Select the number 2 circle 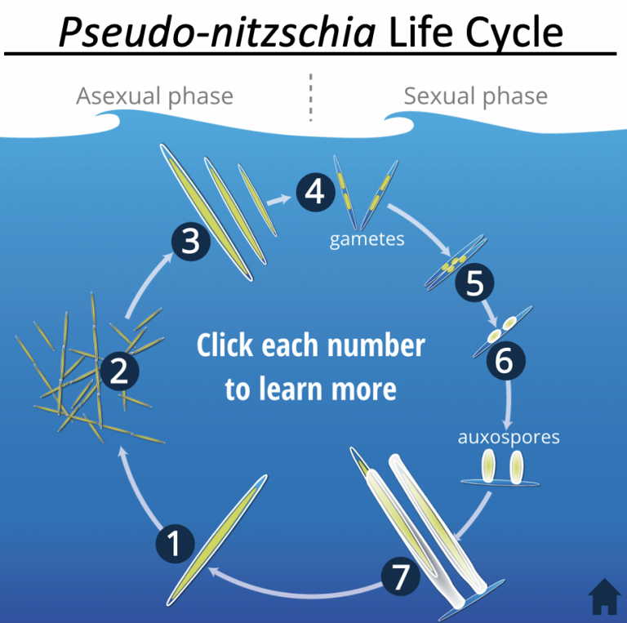pyautogui.click(x=119, y=374)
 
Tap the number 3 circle pyautogui.click(x=189, y=243)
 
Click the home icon pyautogui.click(x=604, y=597)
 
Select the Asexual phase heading pyautogui.click(x=154, y=96)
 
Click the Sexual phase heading pyautogui.click(x=475, y=96)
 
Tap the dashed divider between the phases pyautogui.click(x=310, y=96)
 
